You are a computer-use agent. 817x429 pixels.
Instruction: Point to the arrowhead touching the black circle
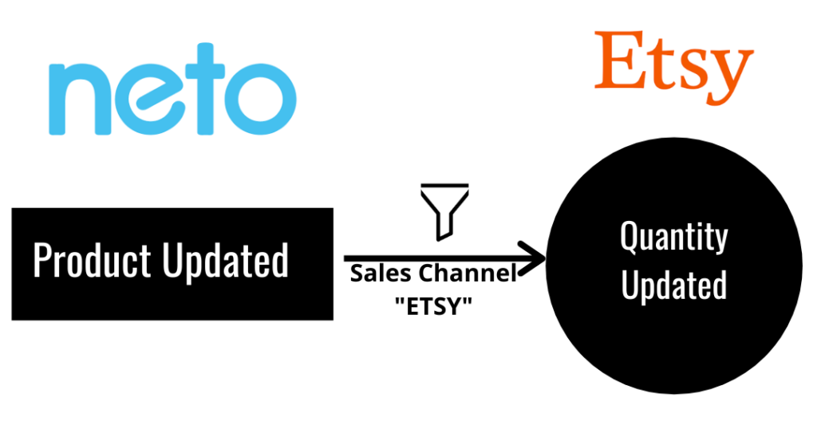pyautogui.click(x=532, y=258)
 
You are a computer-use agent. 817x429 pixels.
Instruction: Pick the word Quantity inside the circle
pyautogui.click(x=673, y=238)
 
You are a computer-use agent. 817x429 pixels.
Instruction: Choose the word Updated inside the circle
pyautogui.click(x=673, y=285)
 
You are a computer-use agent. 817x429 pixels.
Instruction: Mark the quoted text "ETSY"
pyautogui.click(x=431, y=305)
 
